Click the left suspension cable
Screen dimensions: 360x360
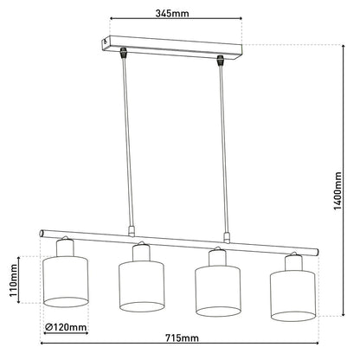click(126, 143)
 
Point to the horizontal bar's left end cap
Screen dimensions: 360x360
click(42, 234)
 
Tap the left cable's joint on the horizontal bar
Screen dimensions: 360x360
click(129, 232)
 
